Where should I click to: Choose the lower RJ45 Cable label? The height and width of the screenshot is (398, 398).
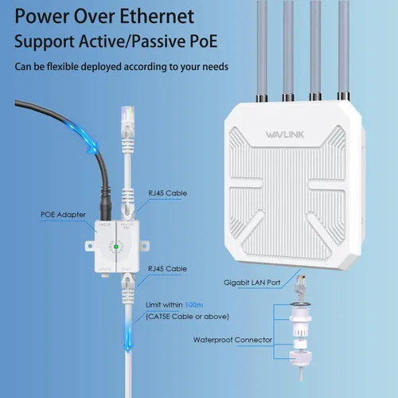(x=167, y=269)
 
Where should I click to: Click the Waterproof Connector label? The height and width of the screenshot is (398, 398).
(x=233, y=339)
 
